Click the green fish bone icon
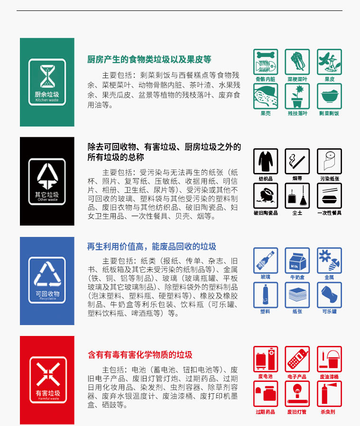266,62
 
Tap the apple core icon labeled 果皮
329,62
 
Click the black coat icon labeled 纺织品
266,161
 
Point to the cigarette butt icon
297,161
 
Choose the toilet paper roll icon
329,161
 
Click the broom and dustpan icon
297,195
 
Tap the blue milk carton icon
297,260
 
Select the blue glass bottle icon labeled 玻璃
266,260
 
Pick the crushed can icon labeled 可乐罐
329,294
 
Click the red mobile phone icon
297,359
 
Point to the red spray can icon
329,394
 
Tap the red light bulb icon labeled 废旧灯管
297,394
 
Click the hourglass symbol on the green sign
47,76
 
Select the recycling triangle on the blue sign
47,274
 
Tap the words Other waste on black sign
47,200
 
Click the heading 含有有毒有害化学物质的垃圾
140,355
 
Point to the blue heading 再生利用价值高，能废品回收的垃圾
151,246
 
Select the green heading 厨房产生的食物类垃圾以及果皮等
149,60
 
